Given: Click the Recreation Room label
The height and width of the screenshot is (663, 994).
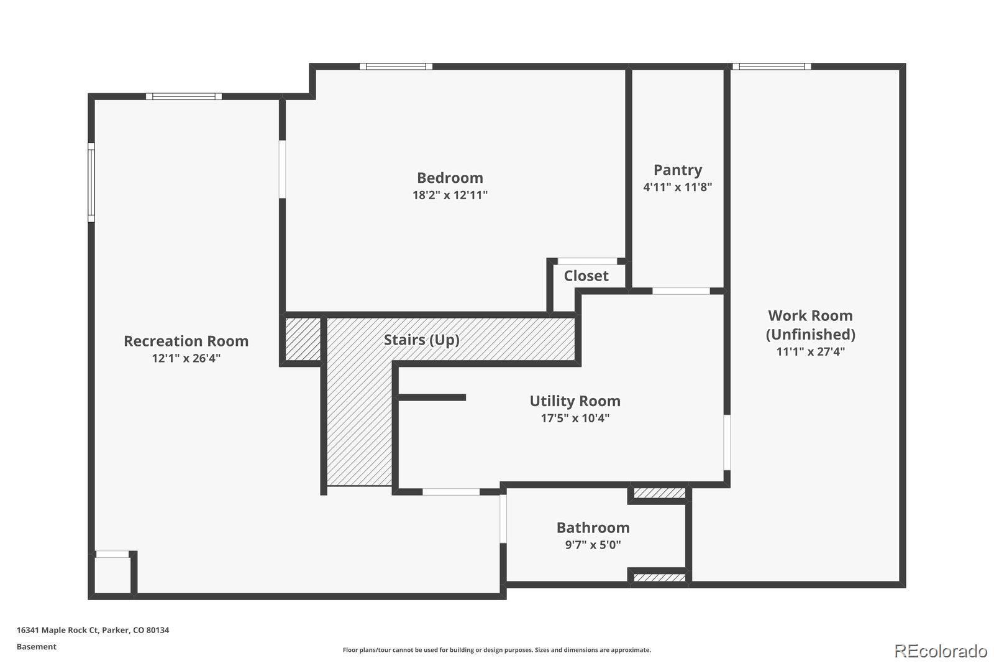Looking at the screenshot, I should [x=186, y=341].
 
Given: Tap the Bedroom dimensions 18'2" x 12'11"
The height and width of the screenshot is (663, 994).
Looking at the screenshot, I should [x=450, y=195].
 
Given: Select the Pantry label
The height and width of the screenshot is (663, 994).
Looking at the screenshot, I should [x=677, y=170].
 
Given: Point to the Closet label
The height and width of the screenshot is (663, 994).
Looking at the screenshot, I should [x=586, y=276].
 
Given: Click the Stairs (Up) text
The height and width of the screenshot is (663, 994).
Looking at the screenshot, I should [x=421, y=340].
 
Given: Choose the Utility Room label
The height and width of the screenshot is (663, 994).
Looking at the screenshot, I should [x=575, y=401].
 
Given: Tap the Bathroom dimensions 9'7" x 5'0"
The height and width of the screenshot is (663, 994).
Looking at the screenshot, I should [x=593, y=545].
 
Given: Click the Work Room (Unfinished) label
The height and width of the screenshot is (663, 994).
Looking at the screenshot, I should [x=810, y=325].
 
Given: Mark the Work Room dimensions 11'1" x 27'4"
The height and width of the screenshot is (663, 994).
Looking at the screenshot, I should [x=810, y=351].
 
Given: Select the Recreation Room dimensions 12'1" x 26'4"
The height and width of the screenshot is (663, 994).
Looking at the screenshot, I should [x=186, y=358].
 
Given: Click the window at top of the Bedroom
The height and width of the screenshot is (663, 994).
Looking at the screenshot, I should [x=396, y=67].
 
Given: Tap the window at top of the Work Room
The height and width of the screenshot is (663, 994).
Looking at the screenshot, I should [x=771, y=67].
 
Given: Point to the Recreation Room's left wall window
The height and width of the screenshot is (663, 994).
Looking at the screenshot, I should [x=91, y=182].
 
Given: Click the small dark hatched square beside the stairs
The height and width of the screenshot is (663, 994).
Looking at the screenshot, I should [x=303, y=338].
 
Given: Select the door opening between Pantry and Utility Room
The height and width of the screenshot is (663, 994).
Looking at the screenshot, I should [x=681, y=291].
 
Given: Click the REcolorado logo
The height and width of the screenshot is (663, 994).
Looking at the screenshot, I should [x=941, y=651].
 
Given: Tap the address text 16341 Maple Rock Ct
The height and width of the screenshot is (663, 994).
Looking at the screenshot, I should [x=93, y=630].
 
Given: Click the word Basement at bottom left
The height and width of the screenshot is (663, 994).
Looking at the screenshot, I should [x=36, y=647].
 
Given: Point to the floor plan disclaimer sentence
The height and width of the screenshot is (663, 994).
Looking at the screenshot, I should [x=496, y=650].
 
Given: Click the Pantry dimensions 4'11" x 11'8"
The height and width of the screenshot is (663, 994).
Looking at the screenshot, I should [x=677, y=187].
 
